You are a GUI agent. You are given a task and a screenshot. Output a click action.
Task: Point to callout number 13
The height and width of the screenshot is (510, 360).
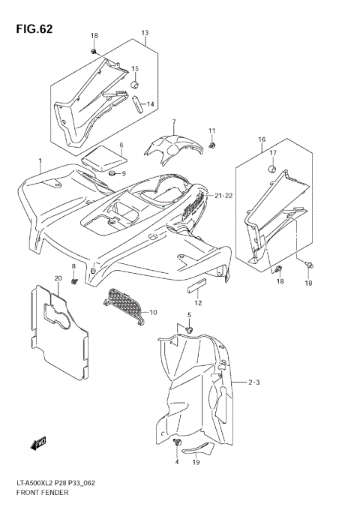click(145, 33)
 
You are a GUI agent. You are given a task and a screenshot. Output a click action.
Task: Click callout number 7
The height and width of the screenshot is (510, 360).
click(173, 121)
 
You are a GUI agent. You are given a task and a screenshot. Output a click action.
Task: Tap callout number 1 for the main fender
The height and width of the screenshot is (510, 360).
click(40, 161)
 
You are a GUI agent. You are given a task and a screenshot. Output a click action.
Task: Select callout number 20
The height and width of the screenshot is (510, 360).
click(58, 278)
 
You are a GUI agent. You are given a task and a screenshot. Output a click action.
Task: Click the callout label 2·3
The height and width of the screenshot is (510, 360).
click(253, 382)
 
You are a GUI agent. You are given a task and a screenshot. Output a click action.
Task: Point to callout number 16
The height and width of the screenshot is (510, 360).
click(262, 139)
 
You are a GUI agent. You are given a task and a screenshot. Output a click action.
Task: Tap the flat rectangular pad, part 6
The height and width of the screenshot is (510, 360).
click(103, 158)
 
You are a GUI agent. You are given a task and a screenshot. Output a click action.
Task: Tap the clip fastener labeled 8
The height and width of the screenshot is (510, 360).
click(76, 281)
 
